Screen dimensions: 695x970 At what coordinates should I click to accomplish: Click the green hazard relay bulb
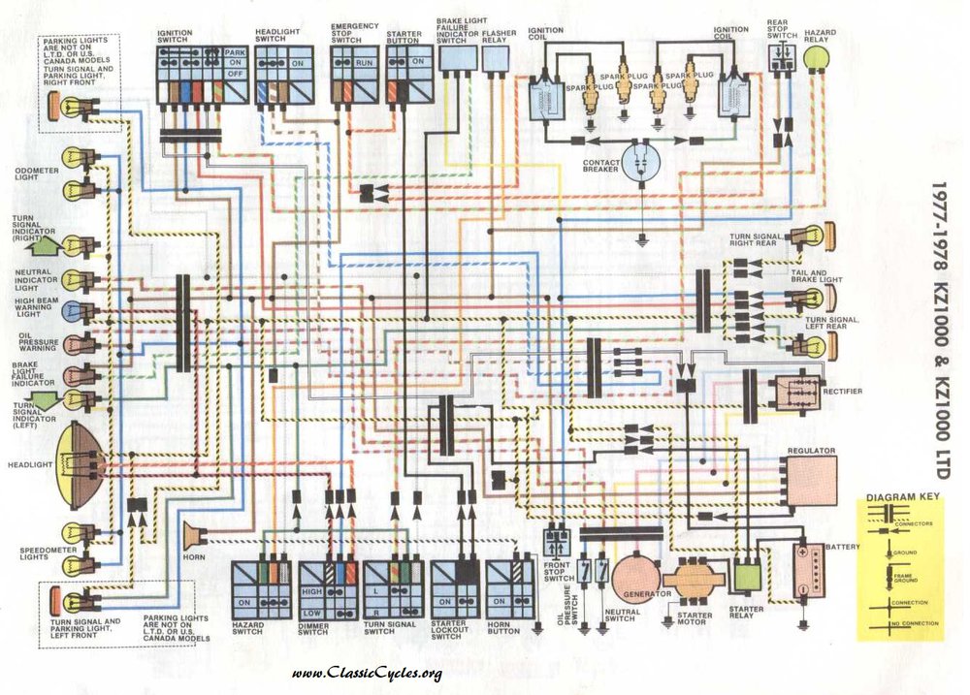[817, 60]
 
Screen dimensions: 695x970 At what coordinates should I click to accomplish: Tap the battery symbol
[811, 570]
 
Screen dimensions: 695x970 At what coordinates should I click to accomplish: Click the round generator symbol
[635, 578]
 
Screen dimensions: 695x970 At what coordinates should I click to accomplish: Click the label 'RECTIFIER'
[842, 392]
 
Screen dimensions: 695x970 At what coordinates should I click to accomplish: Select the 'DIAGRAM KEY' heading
[903, 497]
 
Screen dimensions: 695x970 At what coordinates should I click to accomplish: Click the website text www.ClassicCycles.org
[367, 674]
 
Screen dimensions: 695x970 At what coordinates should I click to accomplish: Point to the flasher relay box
[497, 59]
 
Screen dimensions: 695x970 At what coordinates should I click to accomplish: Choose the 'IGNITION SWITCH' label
[175, 37]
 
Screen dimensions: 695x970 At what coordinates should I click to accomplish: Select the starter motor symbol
[694, 580]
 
